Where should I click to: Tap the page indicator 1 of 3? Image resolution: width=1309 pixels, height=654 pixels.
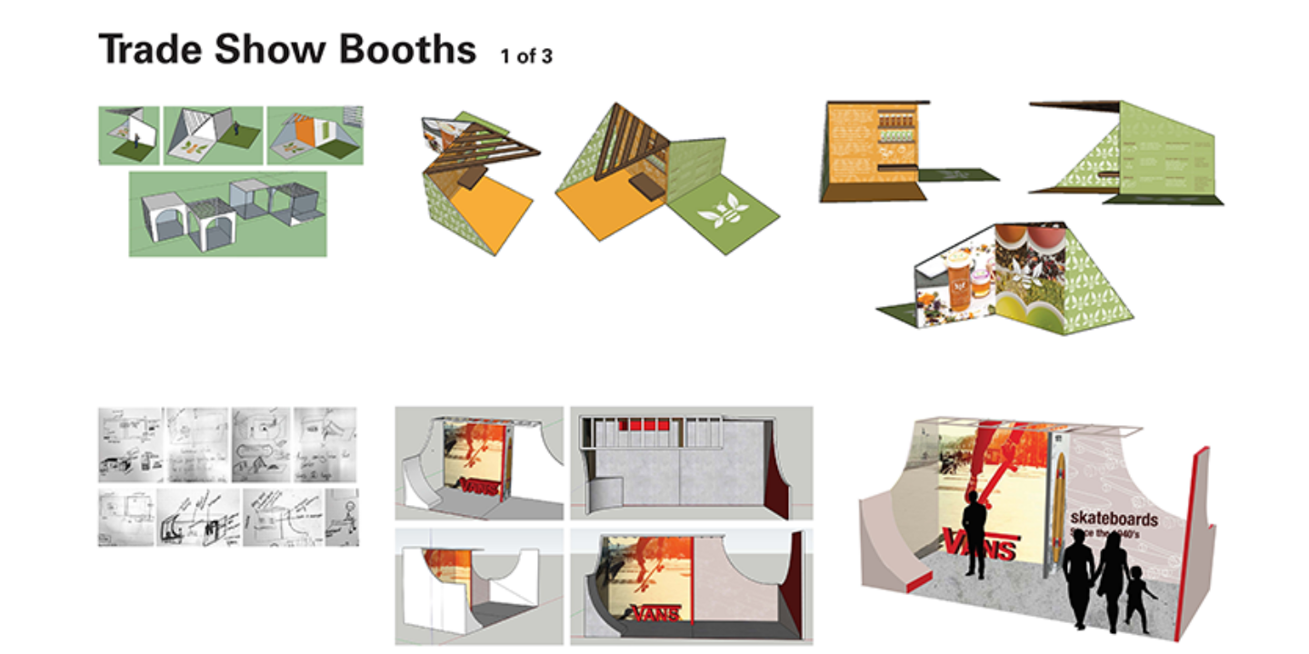tap(525, 56)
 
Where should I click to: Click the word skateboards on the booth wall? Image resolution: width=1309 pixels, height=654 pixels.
tap(1114, 520)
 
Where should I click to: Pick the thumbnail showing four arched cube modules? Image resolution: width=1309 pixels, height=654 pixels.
tap(227, 214)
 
